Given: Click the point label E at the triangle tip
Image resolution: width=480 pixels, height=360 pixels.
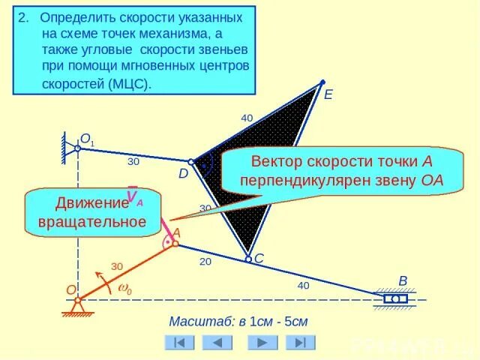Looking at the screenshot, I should (328, 95).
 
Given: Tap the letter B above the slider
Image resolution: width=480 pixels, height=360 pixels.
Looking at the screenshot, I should (403, 281).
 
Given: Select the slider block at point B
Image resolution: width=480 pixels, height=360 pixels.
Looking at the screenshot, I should (395, 299).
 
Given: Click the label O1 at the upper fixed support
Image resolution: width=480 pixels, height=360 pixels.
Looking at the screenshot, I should (88, 139).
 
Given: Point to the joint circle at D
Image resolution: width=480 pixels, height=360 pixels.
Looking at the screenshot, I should (191, 162).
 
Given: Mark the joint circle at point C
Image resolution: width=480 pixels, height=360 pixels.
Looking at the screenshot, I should (248, 259).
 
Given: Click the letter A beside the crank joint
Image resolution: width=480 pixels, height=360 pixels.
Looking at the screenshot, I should (177, 232).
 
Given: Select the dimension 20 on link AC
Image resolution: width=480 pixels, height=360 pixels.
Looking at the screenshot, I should (205, 262).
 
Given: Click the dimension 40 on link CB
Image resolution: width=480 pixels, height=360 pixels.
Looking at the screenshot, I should (302, 285).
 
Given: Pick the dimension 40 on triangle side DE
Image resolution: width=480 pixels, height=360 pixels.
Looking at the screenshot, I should (247, 118).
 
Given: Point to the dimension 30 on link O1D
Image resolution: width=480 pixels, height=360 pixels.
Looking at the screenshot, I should (133, 160).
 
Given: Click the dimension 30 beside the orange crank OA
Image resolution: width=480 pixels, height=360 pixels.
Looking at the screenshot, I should (117, 266).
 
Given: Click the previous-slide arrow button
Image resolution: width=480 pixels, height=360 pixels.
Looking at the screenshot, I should (217, 342).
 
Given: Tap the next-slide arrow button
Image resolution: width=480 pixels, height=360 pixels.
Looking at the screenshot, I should (259, 342).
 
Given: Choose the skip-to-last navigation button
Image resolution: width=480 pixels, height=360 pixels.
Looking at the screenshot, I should (300, 342).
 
